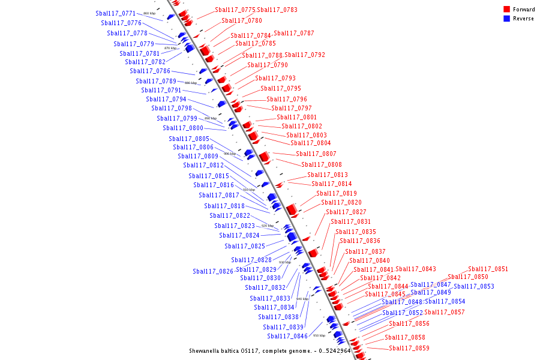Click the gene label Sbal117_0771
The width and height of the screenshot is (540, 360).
[x=115, y=13]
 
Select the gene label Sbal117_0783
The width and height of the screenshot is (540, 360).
[x=277, y=10]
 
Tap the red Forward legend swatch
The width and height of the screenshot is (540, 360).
[x=507, y=10]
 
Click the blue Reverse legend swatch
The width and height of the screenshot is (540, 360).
[x=507, y=19]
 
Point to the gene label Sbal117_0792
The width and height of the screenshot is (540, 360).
[x=305, y=55]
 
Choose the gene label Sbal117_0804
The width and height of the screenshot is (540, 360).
[x=310, y=143]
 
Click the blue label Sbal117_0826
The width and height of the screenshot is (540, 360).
[x=213, y=272]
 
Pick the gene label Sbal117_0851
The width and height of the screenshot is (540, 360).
[x=488, y=269]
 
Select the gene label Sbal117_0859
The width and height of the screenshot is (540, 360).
[x=409, y=349]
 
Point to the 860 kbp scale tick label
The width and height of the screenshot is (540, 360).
[x=149, y=13]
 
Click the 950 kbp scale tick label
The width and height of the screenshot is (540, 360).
[x=319, y=336]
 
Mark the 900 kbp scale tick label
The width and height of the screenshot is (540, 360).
[x=230, y=154]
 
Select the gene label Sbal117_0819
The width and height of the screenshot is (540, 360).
[x=337, y=194]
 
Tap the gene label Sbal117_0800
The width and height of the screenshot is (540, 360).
[x=183, y=128]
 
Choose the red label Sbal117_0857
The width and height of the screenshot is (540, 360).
[x=444, y=313]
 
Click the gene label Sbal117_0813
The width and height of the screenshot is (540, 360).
[x=328, y=175]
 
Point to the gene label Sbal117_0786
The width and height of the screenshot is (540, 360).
[x=150, y=71]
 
